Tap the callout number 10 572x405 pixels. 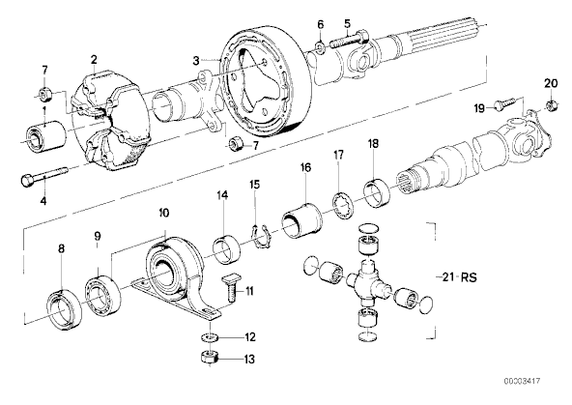[x=164, y=213]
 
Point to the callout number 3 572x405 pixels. [x=196, y=61]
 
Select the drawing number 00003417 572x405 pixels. [x=522, y=381]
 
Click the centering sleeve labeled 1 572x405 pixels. [x=46, y=134]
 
